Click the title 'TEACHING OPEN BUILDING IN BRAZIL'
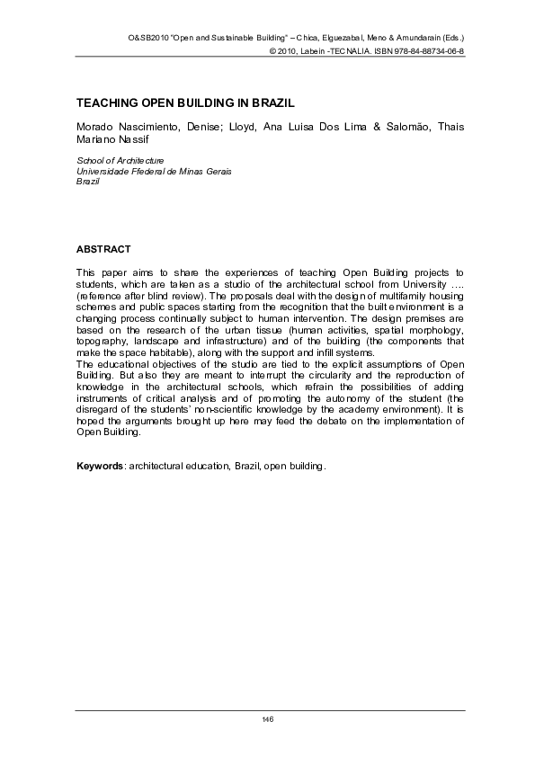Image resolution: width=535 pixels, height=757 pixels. pos(185,103)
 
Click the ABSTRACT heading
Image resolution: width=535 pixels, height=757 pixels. pos(104,249)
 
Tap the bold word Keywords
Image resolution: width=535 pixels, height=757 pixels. pos(100,468)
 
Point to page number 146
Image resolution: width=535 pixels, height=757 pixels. pos(267,718)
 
